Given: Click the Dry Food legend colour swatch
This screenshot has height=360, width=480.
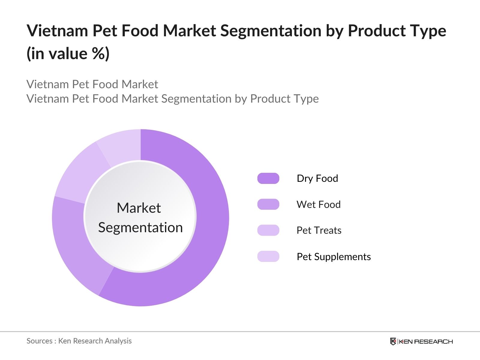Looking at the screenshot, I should click(268, 178).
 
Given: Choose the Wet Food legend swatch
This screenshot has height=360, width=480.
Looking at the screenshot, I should click(268, 204).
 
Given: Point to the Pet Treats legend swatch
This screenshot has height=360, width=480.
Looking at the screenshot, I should click(268, 230).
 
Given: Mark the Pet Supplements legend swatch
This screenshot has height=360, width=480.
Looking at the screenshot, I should click(268, 256).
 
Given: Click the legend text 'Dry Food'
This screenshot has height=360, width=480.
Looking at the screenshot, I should click(317, 178).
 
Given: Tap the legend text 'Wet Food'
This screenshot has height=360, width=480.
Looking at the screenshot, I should click(318, 204).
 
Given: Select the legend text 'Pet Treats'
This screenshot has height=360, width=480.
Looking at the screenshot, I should click(319, 230).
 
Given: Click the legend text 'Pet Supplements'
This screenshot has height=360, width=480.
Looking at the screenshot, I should click(334, 257).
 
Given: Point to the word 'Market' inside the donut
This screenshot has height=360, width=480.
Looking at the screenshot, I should click(139, 208).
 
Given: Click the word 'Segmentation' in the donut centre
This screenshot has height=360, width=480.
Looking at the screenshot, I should click(140, 228).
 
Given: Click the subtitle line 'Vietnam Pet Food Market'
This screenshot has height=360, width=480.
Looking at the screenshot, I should click(92, 84).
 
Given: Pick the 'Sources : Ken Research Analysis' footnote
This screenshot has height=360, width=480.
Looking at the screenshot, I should click(79, 341).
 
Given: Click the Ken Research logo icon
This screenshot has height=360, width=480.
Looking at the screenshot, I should click(393, 341).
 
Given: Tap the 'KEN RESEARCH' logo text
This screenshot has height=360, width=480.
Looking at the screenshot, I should click(426, 341).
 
